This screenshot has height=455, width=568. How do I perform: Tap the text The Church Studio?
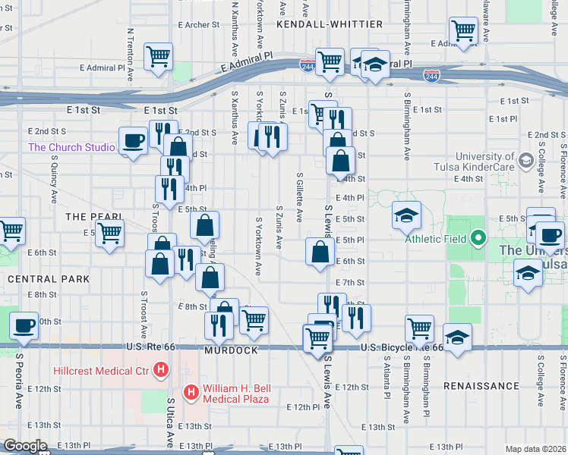tap(70, 147)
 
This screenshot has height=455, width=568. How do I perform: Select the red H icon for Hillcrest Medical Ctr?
tap(161, 371)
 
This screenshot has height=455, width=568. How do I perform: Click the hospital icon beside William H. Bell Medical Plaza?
tap(191, 392)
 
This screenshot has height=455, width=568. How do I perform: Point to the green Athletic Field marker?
tap(478, 239)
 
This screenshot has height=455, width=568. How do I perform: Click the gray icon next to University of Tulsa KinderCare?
tap(525, 160)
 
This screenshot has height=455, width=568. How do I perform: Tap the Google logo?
tap(25, 446)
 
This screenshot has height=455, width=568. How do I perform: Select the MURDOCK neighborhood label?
tap(231, 351)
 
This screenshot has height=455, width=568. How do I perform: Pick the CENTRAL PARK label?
tap(49, 279)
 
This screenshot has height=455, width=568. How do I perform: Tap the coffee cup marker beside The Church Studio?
tap(134, 141)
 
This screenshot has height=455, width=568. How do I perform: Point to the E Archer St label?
tap(198, 24)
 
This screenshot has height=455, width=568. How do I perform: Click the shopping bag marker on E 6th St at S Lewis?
tap(320, 253)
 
